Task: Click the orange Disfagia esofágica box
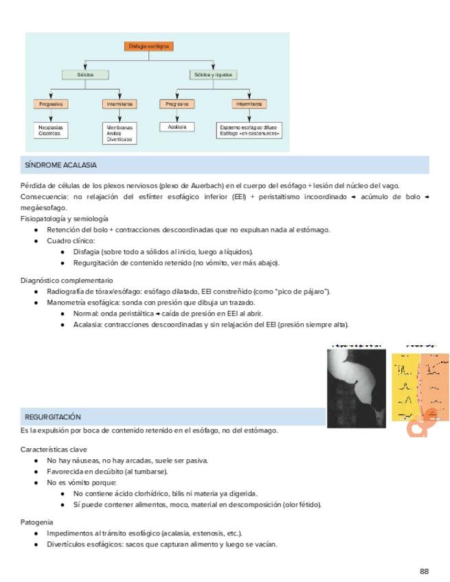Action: [x=149, y=47]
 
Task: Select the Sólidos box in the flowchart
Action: [x=86, y=74]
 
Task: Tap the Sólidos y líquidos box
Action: [x=213, y=74]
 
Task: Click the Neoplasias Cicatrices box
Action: [x=50, y=130]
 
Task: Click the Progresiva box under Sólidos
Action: [x=50, y=104]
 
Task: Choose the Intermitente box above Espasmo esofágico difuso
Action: [x=250, y=104]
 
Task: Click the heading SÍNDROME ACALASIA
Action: [x=61, y=165]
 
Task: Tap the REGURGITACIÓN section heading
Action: [x=53, y=417]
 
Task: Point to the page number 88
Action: [x=424, y=571]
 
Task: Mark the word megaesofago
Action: [x=44, y=207]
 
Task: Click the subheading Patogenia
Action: [x=36, y=522]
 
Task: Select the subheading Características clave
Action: [x=53, y=449]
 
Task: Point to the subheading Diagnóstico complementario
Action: [x=67, y=281]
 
